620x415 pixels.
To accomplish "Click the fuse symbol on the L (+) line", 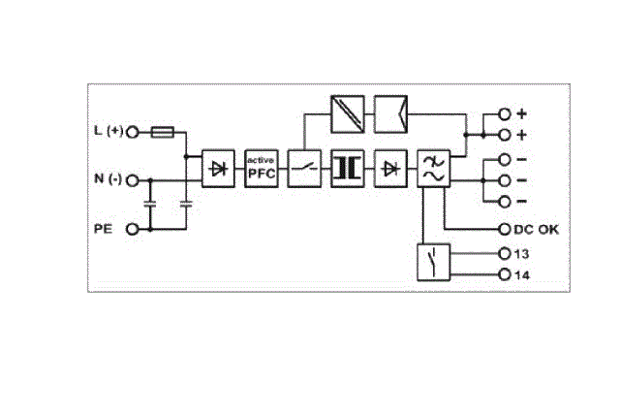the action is (163, 132).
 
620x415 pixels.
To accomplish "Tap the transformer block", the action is (347, 169).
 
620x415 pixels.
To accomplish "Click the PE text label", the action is (103, 229).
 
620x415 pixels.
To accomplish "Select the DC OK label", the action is (536, 230).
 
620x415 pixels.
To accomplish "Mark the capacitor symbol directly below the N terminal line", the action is (150, 205).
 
